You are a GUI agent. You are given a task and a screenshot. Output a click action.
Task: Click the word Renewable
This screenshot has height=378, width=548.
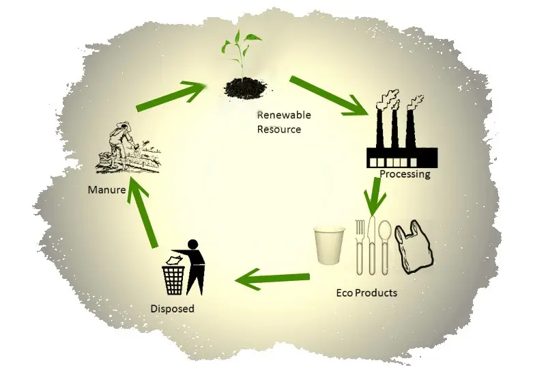coord(284,115)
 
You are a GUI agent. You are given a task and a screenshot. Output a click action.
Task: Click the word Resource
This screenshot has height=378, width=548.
coord(279,129)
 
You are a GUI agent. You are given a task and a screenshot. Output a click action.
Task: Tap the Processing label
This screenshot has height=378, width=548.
coord(405,174)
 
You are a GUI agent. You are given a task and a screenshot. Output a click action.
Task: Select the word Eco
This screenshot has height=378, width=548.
coord(345,293)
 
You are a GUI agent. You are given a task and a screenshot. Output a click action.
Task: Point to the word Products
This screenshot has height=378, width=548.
coord(376,293)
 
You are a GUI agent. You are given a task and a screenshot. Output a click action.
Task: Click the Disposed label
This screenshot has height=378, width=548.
coord(172,309)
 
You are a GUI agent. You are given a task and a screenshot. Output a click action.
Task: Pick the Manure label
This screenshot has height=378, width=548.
coord(106,190)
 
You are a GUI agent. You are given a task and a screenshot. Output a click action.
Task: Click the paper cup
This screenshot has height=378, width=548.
coord(329,245)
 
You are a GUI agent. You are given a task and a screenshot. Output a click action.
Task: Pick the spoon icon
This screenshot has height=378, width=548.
coord(385,247)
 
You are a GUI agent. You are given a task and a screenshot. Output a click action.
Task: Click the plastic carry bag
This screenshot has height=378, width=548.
coord(414,247)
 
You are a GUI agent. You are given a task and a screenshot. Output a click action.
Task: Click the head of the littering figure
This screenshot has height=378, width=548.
coord(192,244)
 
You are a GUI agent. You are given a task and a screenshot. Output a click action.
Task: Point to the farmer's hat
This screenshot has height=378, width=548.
coord(121,126)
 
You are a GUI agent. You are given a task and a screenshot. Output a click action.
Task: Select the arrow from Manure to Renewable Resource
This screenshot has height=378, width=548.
coord(170,96)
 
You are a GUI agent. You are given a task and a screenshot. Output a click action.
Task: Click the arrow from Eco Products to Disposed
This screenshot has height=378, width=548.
coord(272,279)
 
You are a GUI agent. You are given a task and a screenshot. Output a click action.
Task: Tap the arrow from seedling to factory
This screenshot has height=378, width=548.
coord(329,96)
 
